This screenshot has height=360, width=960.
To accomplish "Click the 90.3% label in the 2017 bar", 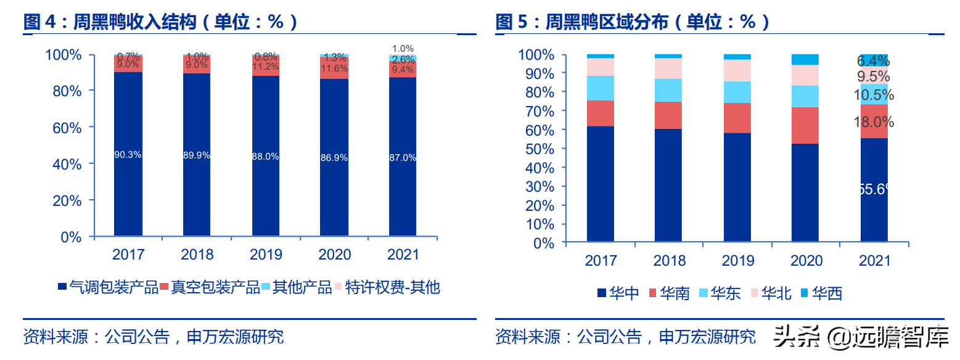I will pos(128,155).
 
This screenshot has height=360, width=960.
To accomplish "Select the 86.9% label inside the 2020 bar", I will pos(334,157).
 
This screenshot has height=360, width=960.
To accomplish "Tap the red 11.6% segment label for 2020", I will pos(334,68).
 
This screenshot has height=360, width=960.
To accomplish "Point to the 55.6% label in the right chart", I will pos(875,189).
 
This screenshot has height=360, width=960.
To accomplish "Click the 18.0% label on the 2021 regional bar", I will pos(874,122).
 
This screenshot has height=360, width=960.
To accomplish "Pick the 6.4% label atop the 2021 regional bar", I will pos(874,60).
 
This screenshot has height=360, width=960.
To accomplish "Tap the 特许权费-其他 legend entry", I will pos(387,287).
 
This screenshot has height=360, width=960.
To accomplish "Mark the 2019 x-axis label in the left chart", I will pos(266,255).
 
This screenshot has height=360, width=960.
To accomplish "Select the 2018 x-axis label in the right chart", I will pos(669,261).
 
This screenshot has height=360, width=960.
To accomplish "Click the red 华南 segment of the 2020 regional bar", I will pos(805,125).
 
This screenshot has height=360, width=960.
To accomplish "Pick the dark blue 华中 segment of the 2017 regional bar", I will pos(601,184).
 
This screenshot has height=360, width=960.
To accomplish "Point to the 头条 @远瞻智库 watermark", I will pos(861,336).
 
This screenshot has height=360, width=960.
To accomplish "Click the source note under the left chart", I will pos(154,337).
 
